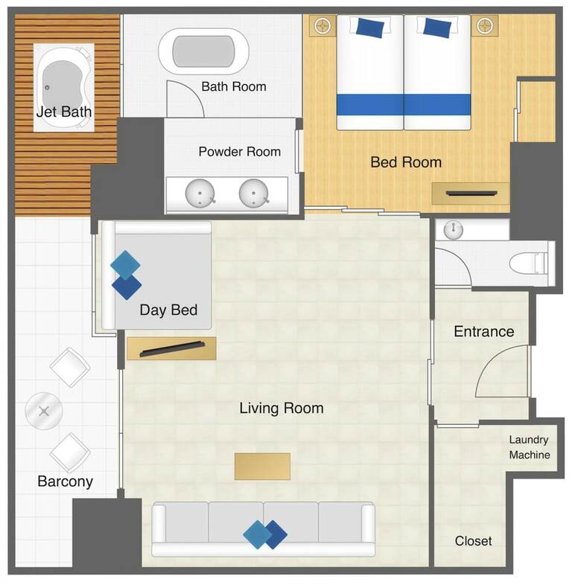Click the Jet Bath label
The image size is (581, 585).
[64, 112]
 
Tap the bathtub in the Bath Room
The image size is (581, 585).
[203, 51]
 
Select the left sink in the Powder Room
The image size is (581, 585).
[200, 193]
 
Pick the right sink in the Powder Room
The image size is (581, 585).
[253, 193]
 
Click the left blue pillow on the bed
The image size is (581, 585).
[370, 28]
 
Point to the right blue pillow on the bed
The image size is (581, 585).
[437, 28]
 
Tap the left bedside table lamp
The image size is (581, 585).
[323, 26]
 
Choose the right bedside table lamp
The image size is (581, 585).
[485, 26]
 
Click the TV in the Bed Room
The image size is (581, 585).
[472, 194]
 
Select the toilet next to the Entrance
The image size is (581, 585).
[531, 263]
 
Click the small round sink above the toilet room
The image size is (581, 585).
[454, 229]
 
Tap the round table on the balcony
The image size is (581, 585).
[44, 412]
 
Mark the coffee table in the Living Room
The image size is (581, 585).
[262, 467]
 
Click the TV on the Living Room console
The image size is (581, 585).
[172, 349]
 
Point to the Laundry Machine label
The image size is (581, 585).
[529, 447]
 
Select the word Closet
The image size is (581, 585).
[473, 541]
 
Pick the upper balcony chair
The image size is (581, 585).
[70, 368]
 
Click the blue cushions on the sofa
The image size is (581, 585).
[264, 534]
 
